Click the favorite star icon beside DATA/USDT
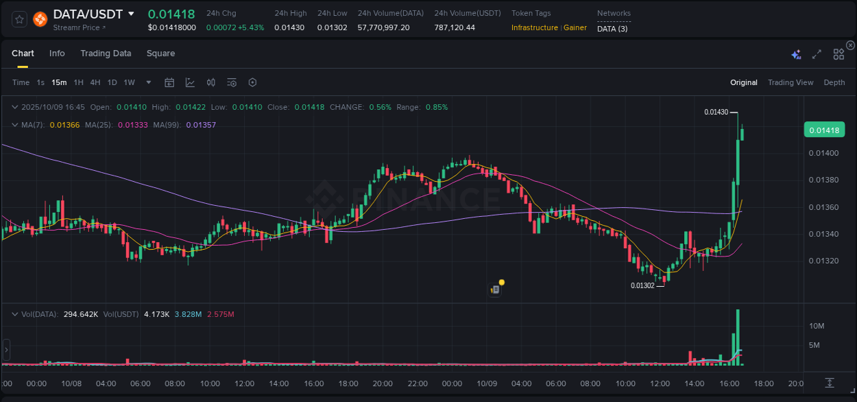(x=20, y=19)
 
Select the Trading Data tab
(x=106, y=54)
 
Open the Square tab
(x=160, y=54)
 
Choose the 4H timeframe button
(x=95, y=82)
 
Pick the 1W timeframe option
(x=129, y=82)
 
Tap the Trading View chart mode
(x=790, y=82)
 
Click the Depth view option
(x=834, y=82)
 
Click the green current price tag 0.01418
(x=824, y=130)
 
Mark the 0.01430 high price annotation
(x=716, y=112)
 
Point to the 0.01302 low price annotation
(x=642, y=285)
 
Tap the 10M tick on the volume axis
(x=816, y=325)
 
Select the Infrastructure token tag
(x=535, y=27)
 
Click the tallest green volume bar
(x=738, y=340)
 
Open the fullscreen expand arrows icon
(x=817, y=54)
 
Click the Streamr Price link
(x=80, y=27)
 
